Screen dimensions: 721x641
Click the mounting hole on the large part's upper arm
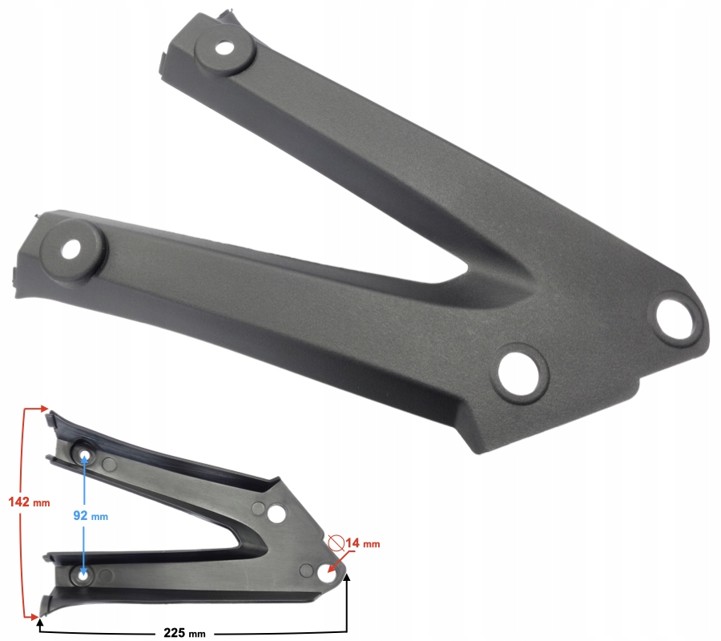tap(224, 48)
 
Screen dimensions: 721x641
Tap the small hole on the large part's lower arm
tap(70, 249)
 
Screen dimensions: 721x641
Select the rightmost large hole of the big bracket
tap(674, 318)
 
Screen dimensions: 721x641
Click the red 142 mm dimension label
tap(29, 502)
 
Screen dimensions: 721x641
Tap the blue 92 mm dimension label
tap(91, 516)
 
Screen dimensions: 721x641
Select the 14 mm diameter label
tap(363, 543)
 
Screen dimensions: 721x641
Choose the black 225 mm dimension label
tap(184, 633)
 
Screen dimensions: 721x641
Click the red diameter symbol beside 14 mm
tap(336, 543)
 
